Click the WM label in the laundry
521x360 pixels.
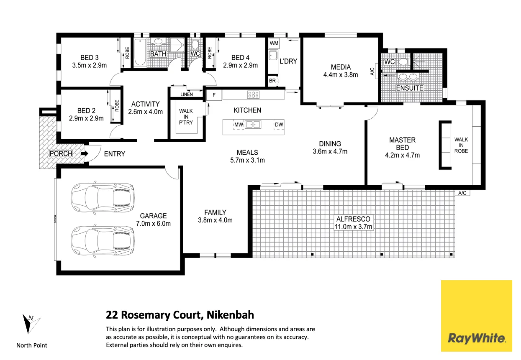(274, 43)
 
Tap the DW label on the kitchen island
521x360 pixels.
(279, 125)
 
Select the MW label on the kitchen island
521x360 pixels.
(239, 125)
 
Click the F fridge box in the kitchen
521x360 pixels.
(214, 95)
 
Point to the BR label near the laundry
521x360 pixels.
(272, 80)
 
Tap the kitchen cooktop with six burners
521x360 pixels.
(253, 95)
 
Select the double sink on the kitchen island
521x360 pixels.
(253, 124)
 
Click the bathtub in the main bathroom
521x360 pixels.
(140, 52)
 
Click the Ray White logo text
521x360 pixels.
(477, 337)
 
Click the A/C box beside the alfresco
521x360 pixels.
(462, 193)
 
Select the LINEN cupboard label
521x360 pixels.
(187, 94)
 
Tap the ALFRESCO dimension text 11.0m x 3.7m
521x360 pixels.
(353, 227)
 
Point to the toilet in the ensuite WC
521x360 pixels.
(403, 61)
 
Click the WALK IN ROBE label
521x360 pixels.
(461, 145)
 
